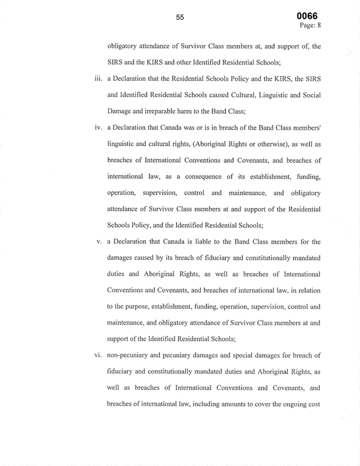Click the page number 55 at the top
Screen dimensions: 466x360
pos(180,17)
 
